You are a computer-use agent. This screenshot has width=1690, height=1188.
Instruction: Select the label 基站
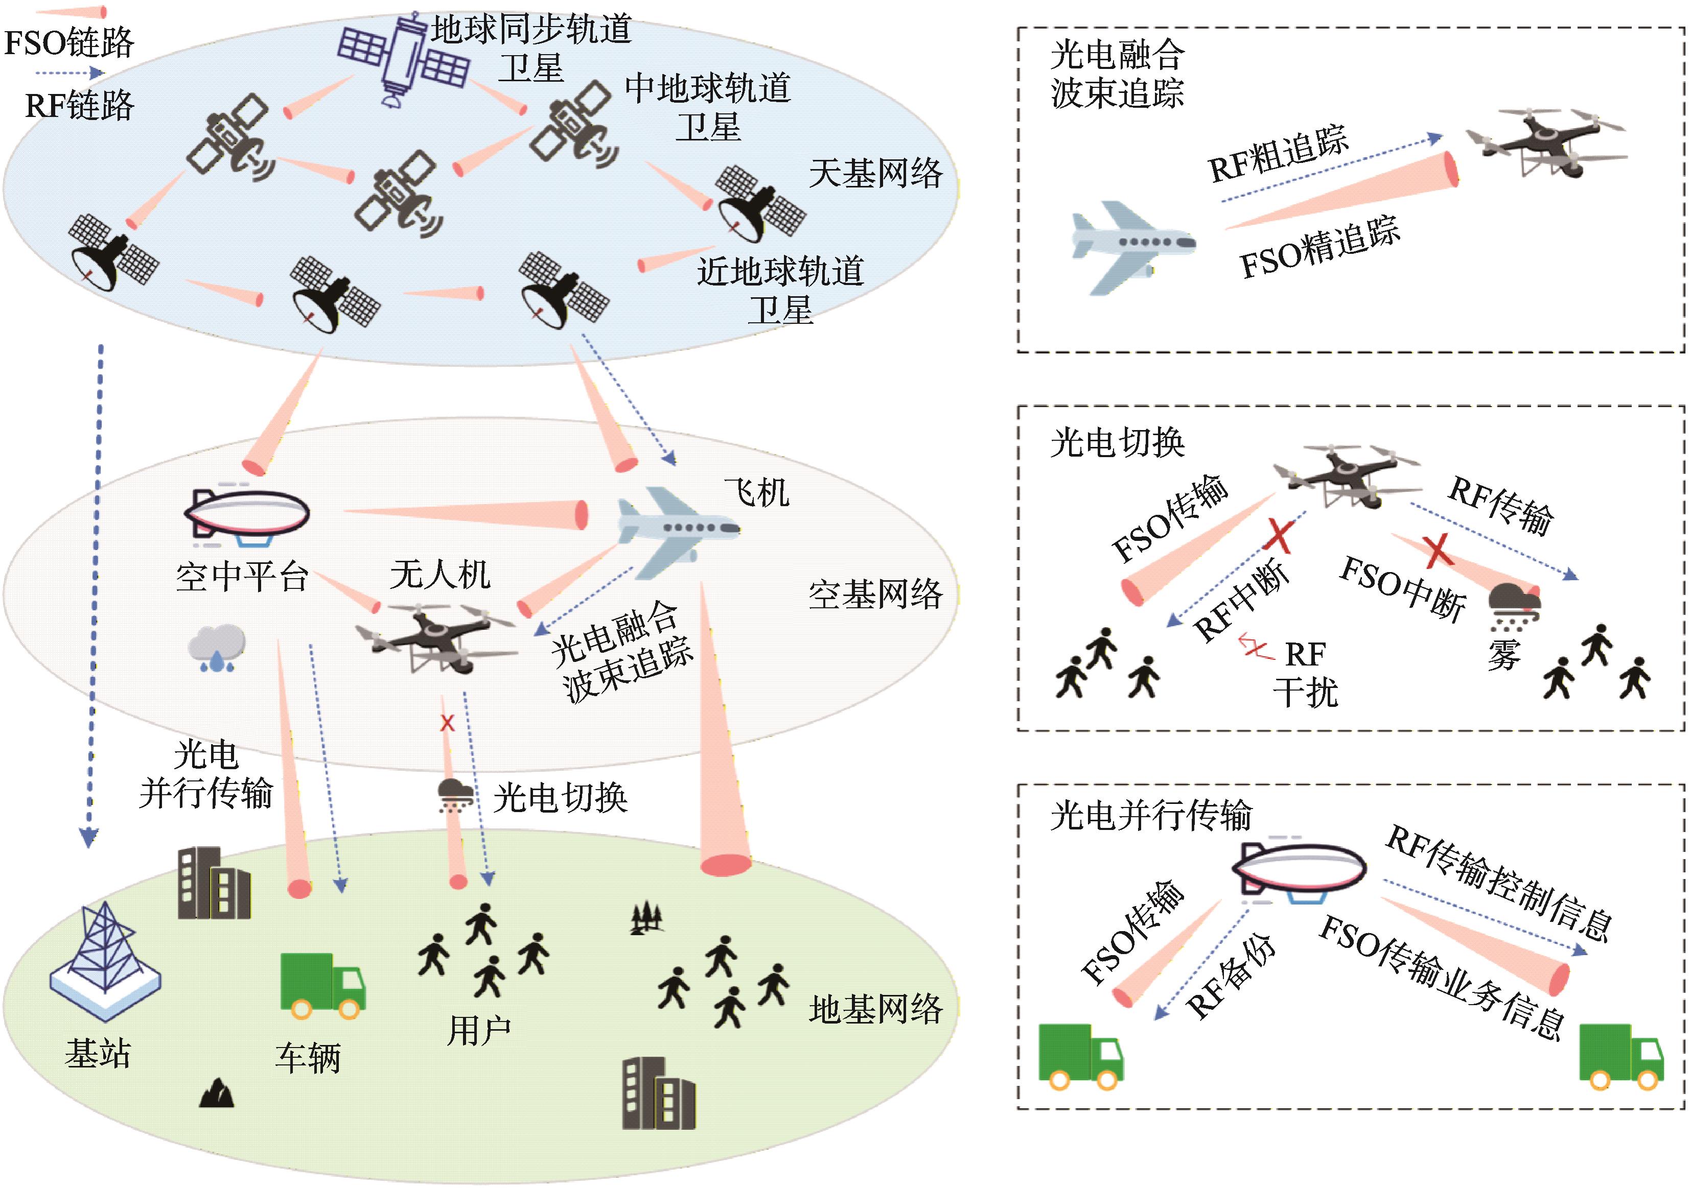pyautogui.click(x=98, y=1053)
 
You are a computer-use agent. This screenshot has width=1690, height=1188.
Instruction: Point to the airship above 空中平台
pyautogui.click(x=247, y=515)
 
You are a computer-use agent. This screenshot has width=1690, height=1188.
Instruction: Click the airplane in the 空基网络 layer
pyautogui.click(x=676, y=530)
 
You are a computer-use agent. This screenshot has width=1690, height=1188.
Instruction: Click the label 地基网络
pyautogui.click(x=875, y=1009)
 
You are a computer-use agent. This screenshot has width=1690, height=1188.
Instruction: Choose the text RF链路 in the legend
pyautogui.click(x=80, y=105)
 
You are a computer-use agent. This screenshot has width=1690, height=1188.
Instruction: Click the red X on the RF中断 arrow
pyautogui.click(x=1279, y=536)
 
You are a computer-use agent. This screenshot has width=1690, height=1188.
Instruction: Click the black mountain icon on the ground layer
pyautogui.click(x=217, y=1094)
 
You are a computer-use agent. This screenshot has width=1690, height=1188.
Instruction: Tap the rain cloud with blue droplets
pyautogui.click(x=216, y=647)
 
